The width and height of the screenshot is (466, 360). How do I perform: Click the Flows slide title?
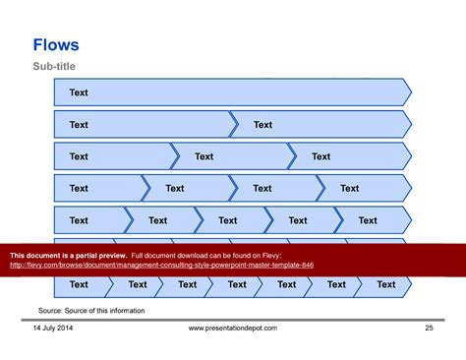56,45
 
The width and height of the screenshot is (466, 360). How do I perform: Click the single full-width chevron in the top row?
232,92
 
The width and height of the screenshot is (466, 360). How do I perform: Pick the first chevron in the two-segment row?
145,125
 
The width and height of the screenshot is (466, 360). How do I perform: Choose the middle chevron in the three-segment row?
231,156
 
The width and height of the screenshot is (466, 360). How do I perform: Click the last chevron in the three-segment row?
349,156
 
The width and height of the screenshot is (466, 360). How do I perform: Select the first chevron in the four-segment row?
98,188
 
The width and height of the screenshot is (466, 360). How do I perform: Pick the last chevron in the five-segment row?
372,220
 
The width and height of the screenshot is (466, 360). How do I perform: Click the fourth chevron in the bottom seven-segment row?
236,284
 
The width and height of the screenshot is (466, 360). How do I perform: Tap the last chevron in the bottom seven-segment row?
385,284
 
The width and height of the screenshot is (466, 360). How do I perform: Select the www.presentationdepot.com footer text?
232,328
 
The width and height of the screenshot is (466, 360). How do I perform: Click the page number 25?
429,328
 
